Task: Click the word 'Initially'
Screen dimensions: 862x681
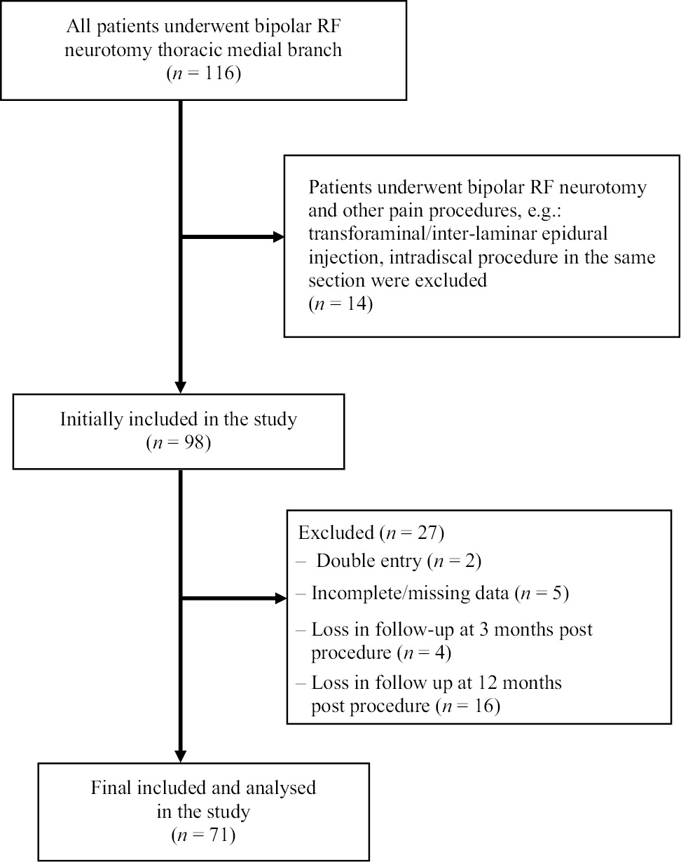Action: (90, 420)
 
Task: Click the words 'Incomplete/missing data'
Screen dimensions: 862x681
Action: (411, 594)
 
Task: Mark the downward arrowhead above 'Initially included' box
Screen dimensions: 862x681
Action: (181, 385)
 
